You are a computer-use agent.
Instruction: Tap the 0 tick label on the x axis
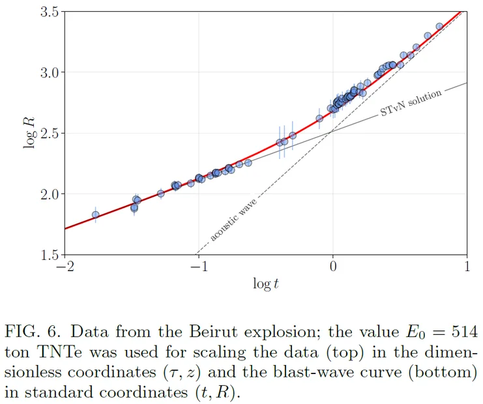coord(333,267)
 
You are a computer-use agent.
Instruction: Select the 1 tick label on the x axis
coord(467,267)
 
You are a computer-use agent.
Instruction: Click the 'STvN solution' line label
coord(411,103)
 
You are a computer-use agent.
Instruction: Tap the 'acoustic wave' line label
coord(233,224)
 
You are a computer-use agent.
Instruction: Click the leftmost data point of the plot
coord(96,214)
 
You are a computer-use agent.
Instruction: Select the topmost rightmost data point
coord(439,27)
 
